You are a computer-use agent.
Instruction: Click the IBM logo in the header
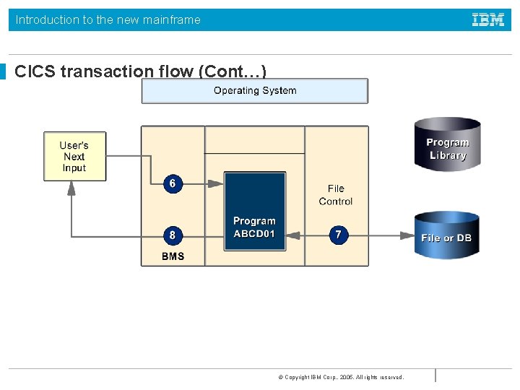click(x=488, y=20)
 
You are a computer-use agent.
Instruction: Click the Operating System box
click(x=254, y=91)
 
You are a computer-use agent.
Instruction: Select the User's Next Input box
click(x=74, y=156)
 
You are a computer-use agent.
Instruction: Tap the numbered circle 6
click(x=172, y=183)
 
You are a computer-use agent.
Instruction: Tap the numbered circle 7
click(x=338, y=235)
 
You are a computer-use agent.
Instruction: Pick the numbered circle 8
click(x=172, y=235)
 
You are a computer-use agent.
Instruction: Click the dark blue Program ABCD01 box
click(x=254, y=211)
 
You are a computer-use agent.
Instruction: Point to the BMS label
click(x=173, y=256)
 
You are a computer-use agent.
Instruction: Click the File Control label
click(x=336, y=195)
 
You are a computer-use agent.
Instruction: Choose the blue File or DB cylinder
click(x=447, y=235)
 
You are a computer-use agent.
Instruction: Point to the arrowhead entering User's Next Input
click(x=71, y=187)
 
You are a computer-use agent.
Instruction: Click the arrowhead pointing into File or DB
click(x=409, y=235)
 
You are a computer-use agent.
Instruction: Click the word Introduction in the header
click(x=48, y=20)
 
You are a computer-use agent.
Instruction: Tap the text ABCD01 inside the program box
click(x=254, y=234)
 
